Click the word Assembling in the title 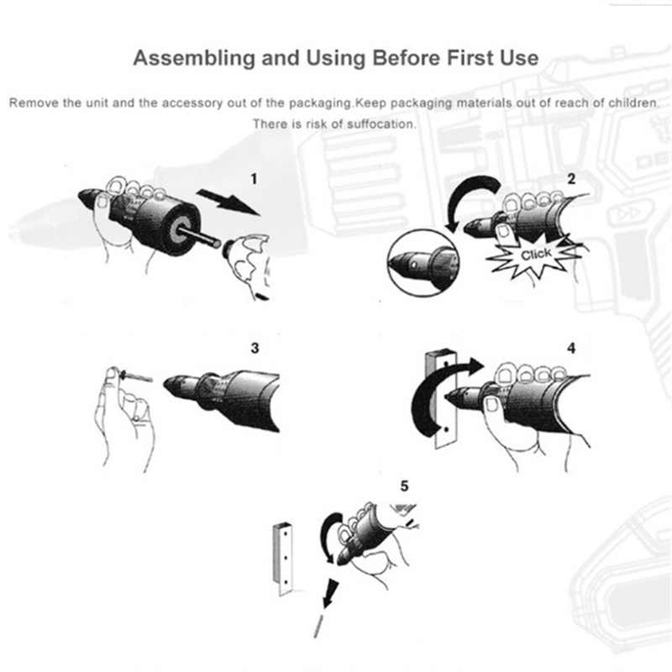pos(194,58)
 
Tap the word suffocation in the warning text pos(381,124)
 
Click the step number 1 pos(255,179)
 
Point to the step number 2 pos(571,179)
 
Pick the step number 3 pos(255,348)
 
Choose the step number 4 pos(571,348)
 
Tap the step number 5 pos(404,486)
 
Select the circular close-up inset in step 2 pos(423,262)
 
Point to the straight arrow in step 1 pos(228,202)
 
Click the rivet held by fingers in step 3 pos(136,375)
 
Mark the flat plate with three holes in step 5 pos(284,559)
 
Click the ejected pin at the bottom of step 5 pos(318,625)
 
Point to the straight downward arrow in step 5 pos(330,594)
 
